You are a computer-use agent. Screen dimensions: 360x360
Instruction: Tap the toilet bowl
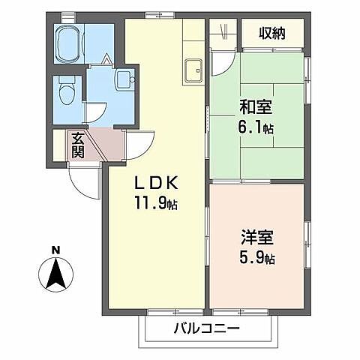pyautogui.click(x=66, y=94)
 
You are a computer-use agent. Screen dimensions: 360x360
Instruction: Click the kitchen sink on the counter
pyautogui.click(x=192, y=67)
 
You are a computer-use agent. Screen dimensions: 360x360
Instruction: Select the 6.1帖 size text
pyautogui.click(x=256, y=129)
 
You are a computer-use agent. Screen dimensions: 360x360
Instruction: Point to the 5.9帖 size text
pyautogui.click(x=257, y=259)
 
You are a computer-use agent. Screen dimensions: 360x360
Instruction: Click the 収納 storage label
pyautogui.click(x=271, y=32)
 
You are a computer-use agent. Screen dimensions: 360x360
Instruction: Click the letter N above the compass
pyautogui.click(x=55, y=250)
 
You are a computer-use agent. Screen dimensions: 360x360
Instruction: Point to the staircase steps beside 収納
pyautogui.click(x=223, y=33)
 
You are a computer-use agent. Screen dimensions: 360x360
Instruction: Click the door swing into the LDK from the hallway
pyautogui.click(x=139, y=142)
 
